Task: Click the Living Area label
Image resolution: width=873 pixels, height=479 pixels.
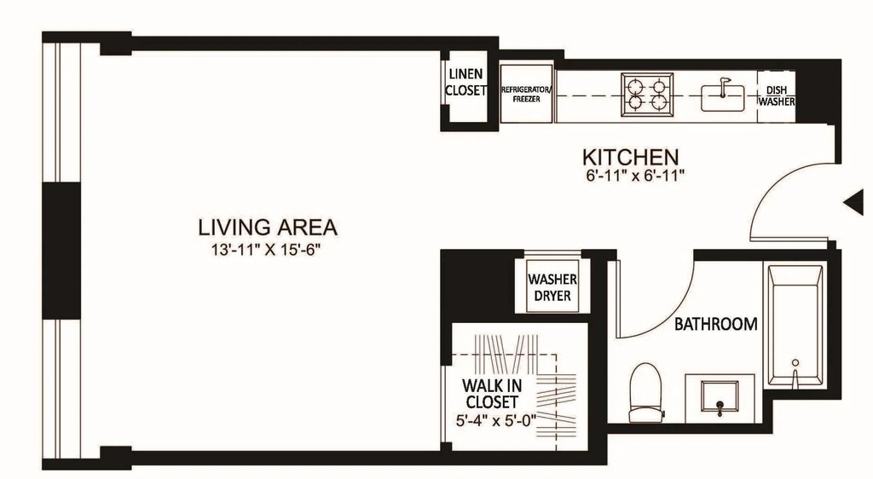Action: [x=267, y=227]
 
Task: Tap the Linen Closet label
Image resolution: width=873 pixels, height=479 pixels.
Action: [x=466, y=83]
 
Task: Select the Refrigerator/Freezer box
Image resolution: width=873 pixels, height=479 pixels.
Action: [x=527, y=94]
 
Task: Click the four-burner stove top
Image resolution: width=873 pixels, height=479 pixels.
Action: [x=647, y=95]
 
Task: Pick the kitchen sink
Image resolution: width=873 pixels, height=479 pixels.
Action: [x=723, y=97]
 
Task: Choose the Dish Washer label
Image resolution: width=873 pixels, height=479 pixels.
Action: [x=776, y=96]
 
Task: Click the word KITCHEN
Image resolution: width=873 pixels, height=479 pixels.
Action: [x=630, y=157]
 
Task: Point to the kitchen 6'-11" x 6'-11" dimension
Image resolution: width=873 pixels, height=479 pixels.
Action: [x=634, y=176]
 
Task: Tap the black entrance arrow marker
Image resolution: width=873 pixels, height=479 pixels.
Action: [x=853, y=203]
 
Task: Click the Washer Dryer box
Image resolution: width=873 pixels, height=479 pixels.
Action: [x=552, y=286]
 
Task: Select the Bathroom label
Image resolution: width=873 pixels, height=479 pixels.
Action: [x=715, y=324]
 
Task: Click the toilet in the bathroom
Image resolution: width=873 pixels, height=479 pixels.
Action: [x=645, y=393]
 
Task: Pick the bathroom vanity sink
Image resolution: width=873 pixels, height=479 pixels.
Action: [x=720, y=398]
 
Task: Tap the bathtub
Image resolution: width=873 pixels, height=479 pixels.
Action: [x=795, y=326]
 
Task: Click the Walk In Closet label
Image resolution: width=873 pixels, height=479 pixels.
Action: [x=491, y=393]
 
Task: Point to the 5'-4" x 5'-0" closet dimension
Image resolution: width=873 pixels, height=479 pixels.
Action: [x=495, y=420]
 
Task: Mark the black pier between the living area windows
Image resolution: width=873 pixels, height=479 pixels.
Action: [x=61, y=251]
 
